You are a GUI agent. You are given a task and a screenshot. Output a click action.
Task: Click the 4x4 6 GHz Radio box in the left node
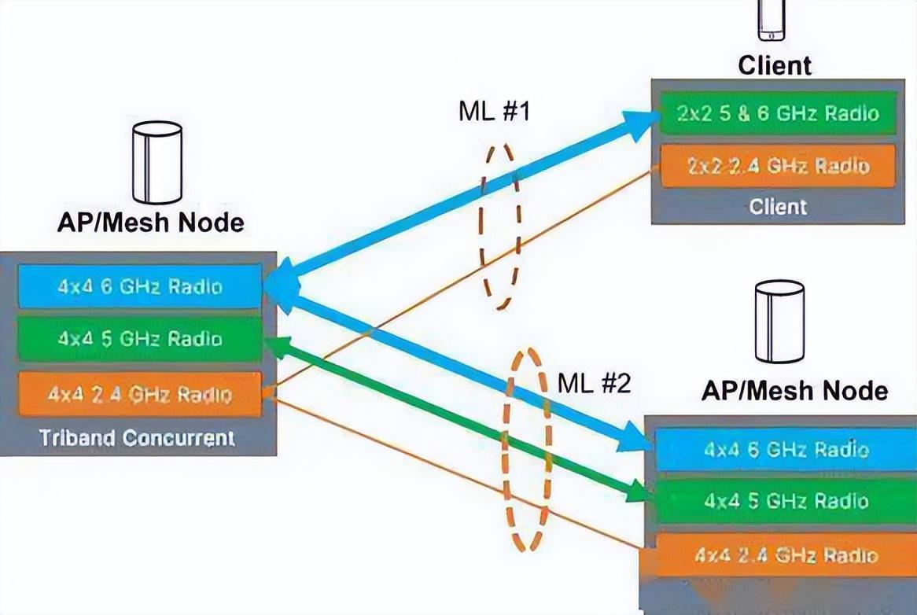pyautogui.click(x=139, y=286)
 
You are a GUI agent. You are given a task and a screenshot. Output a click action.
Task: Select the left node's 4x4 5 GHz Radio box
pyautogui.click(x=139, y=339)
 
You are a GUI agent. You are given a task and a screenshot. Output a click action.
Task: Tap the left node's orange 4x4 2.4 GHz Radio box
pyautogui.click(x=139, y=393)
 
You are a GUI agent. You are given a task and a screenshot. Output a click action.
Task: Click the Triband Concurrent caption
pyautogui.click(x=138, y=437)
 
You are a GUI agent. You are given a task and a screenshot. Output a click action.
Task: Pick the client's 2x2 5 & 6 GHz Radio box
pyautogui.click(x=777, y=113)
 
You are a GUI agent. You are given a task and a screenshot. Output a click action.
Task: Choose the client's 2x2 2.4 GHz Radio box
pyautogui.click(x=777, y=166)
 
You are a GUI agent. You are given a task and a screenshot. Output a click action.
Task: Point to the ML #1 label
pyautogui.click(x=495, y=111)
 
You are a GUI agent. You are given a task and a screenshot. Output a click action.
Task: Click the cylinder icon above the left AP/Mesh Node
pyautogui.click(x=157, y=163)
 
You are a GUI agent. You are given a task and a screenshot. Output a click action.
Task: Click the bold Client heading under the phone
pyautogui.click(x=775, y=65)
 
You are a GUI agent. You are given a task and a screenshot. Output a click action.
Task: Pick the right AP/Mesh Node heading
pyautogui.click(x=794, y=390)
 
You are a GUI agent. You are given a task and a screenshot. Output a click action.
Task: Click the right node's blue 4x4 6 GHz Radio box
pyautogui.click(x=786, y=450)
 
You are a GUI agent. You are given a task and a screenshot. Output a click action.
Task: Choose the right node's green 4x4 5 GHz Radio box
pyautogui.click(x=786, y=501)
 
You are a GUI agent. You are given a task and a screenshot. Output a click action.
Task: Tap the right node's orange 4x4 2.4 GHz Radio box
pyautogui.click(x=786, y=555)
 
